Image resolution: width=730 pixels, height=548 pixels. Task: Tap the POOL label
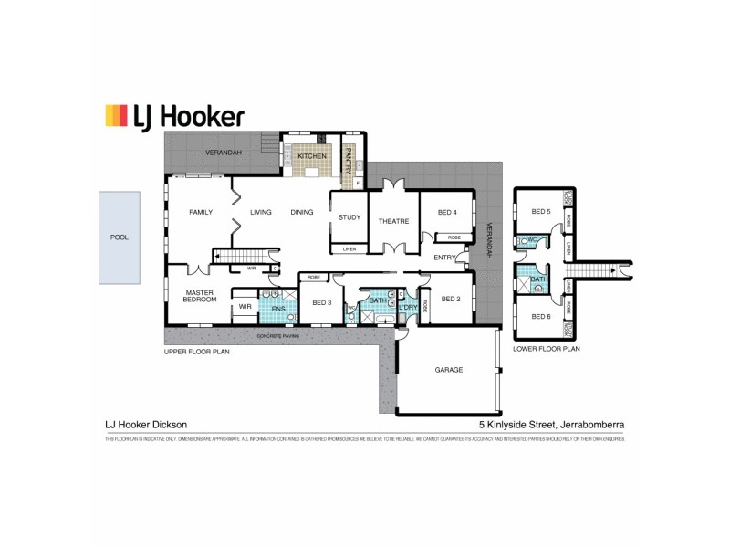[120, 237]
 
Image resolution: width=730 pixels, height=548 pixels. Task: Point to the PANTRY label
[347, 163]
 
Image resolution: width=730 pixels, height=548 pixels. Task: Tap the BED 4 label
[447, 213]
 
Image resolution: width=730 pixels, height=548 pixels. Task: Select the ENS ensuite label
[278, 310]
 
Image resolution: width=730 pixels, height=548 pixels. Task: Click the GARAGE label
[449, 370]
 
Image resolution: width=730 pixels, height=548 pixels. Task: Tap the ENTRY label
[444, 258]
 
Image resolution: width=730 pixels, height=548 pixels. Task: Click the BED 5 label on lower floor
[541, 212]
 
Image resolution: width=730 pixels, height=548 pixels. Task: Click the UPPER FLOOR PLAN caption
[198, 351]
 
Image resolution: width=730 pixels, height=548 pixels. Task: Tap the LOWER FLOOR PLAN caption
[546, 349]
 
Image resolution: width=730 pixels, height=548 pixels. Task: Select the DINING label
[301, 213]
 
